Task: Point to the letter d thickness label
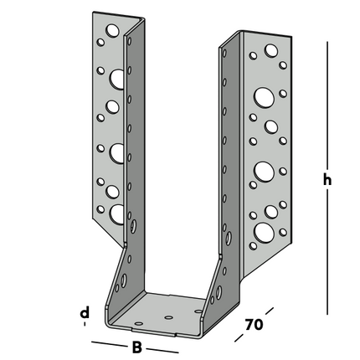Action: point(85,315)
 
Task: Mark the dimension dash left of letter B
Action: point(107,343)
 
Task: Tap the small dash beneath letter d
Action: point(85,329)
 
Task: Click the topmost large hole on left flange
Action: point(116,79)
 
